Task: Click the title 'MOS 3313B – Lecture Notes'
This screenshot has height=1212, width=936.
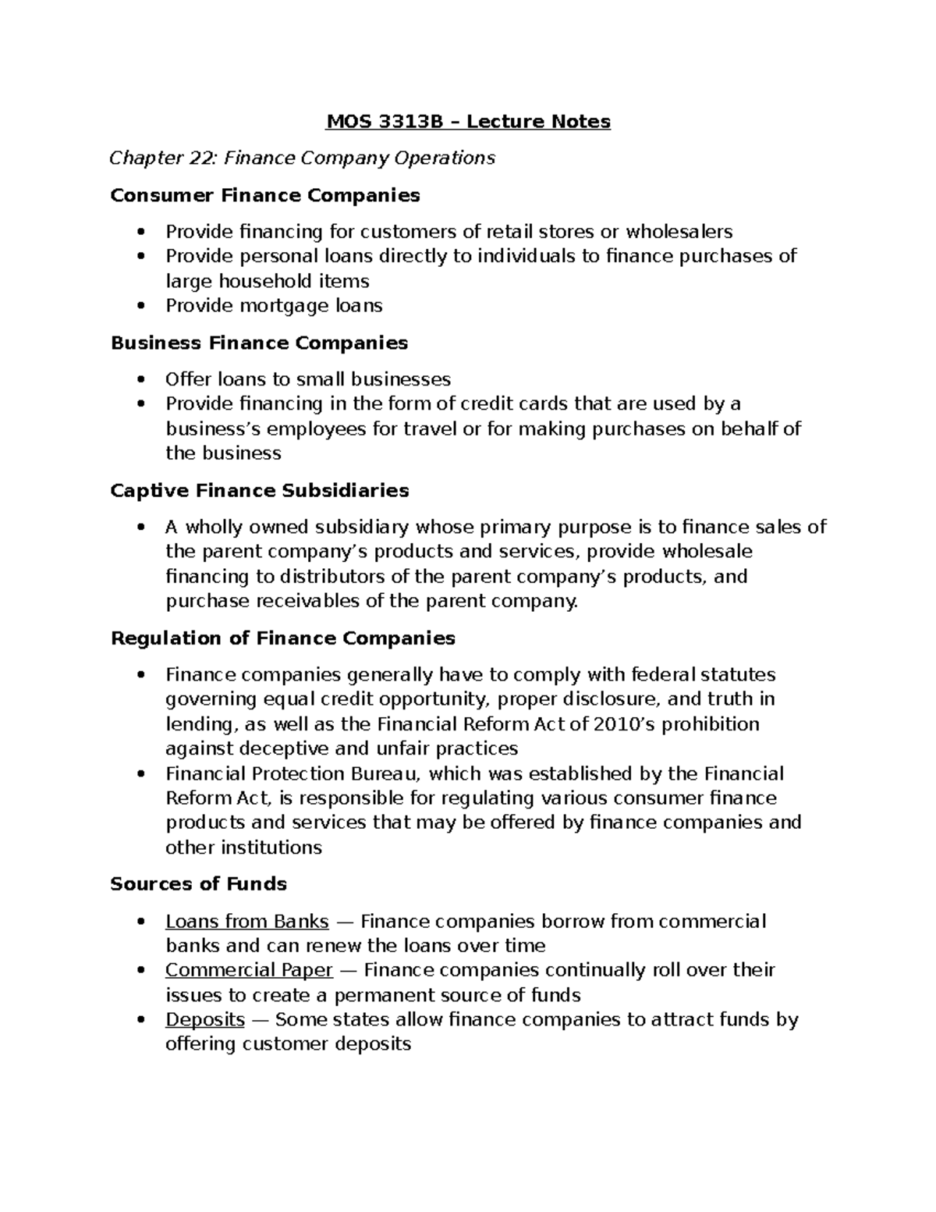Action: click(x=468, y=122)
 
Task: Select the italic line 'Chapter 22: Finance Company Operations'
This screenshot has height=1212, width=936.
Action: click(x=302, y=158)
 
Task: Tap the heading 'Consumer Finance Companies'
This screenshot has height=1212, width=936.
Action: click(x=265, y=195)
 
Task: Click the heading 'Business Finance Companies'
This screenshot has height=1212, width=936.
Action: click(x=259, y=343)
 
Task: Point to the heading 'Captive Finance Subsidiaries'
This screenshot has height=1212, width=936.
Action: click(x=260, y=490)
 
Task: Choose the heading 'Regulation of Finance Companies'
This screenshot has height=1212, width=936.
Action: click(x=282, y=638)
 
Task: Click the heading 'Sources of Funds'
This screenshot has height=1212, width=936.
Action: click(x=198, y=883)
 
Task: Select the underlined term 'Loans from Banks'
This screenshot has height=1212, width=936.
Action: click(x=246, y=922)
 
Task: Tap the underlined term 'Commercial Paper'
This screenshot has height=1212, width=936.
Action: click(x=249, y=970)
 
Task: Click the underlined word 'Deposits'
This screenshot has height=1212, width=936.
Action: click(x=205, y=1019)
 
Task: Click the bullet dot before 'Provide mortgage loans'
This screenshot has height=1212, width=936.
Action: click(x=141, y=306)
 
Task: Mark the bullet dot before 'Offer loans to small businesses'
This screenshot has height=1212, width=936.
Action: click(x=141, y=380)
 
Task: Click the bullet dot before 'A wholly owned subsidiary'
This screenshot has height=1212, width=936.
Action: click(x=141, y=528)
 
